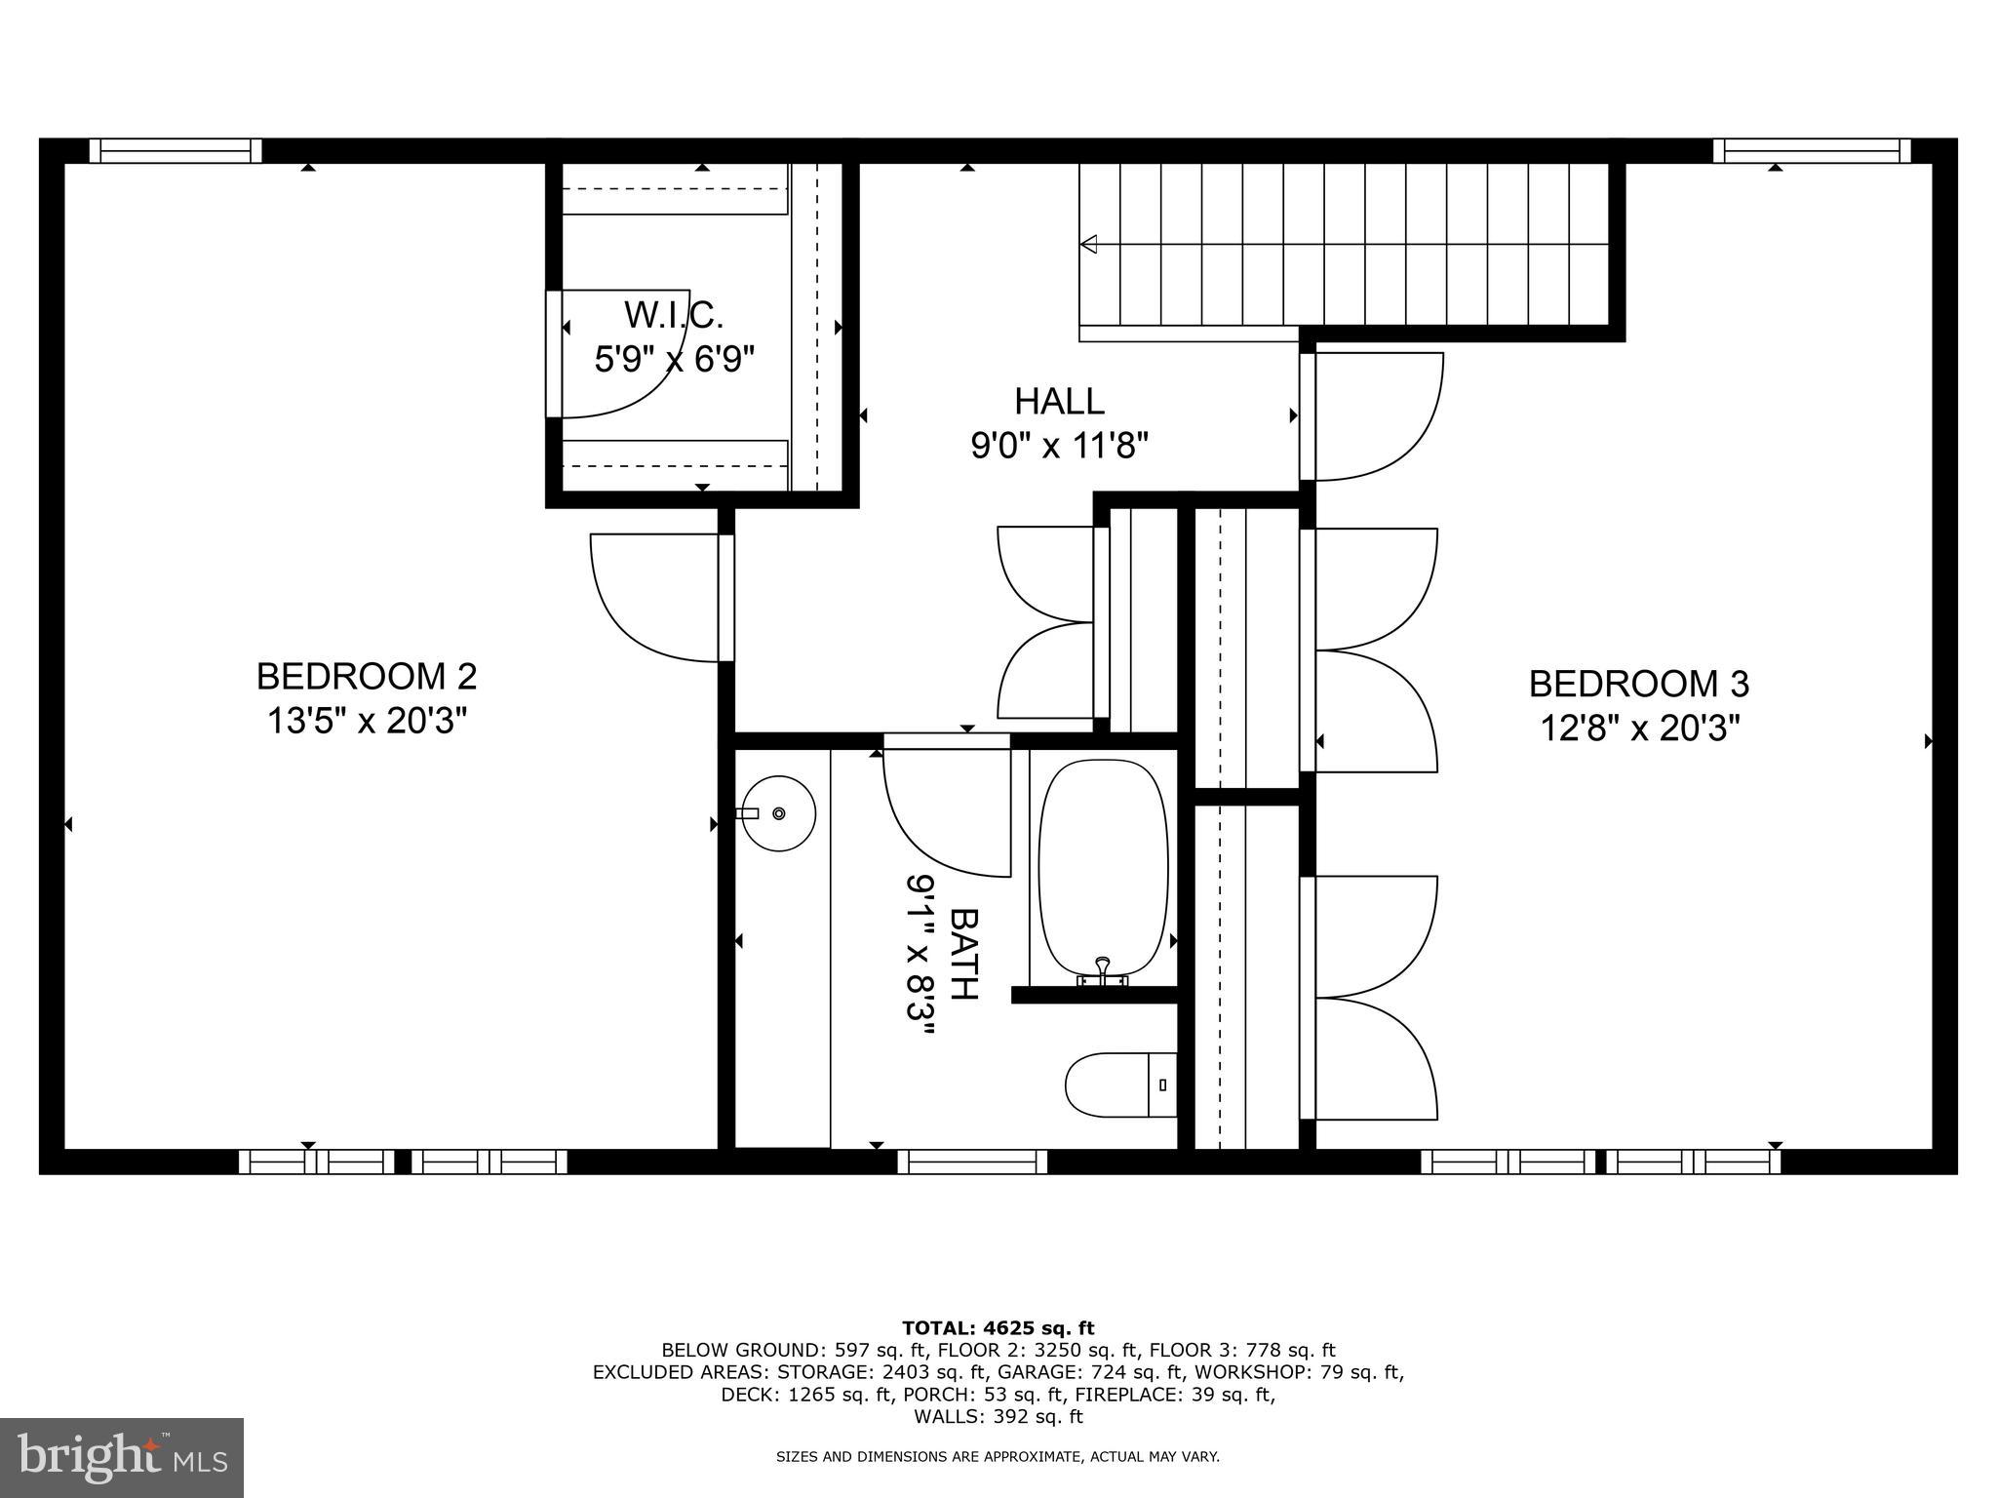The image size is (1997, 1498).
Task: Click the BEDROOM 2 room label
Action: pyautogui.click(x=367, y=676)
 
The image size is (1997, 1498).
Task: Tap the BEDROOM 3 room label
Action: pyautogui.click(x=1638, y=684)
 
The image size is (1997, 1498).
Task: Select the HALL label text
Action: pyautogui.click(x=1059, y=401)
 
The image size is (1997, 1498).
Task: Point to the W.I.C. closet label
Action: pyautogui.click(x=674, y=315)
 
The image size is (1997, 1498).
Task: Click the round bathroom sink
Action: pyautogui.click(x=778, y=813)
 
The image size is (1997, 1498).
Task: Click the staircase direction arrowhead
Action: pyautogui.click(x=1089, y=244)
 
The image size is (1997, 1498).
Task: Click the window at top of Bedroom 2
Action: pyautogui.click(x=176, y=150)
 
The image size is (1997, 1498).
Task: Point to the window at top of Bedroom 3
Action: pyautogui.click(x=1812, y=150)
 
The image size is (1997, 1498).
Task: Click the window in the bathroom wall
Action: pyautogui.click(x=971, y=1162)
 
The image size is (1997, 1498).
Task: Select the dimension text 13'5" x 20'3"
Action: pyautogui.click(x=367, y=722)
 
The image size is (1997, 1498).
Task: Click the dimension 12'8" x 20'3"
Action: pyautogui.click(x=1638, y=729)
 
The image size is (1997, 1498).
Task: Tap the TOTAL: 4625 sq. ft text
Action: pyautogui.click(x=998, y=1327)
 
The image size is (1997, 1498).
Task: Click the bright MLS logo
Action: pyautogui.click(x=122, y=1457)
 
